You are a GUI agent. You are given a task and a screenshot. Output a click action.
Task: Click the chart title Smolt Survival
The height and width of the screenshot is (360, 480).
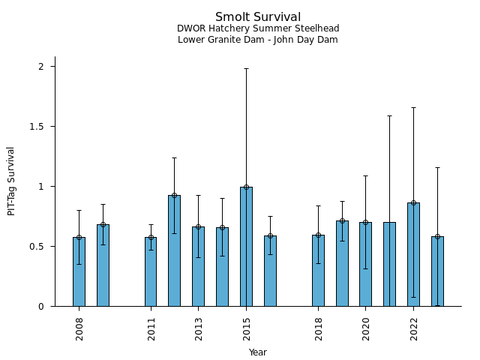point(258,17)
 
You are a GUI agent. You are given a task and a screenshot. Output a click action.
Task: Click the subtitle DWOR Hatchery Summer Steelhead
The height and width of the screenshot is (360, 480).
point(258,28)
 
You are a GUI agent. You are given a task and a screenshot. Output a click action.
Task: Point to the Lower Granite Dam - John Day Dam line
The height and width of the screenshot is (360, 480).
point(258,40)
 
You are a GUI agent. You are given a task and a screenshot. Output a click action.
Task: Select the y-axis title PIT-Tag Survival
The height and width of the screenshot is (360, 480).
point(11,181)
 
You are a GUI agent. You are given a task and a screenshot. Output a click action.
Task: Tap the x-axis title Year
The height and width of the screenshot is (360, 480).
point(258,352)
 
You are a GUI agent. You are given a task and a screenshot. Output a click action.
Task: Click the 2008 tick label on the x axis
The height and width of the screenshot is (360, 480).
point(79,328)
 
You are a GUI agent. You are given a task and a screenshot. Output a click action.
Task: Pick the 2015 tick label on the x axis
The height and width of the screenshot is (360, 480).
point(246,328)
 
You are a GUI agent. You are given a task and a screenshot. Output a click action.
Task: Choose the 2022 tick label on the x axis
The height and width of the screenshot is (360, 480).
point(413,328)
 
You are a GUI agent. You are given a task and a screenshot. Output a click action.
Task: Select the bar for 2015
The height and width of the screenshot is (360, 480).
point(246,247)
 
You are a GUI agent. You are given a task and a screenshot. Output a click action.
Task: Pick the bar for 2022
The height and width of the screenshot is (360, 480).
point(413,255)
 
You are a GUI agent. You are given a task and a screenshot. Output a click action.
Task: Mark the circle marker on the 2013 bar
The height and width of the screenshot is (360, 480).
point(198,226)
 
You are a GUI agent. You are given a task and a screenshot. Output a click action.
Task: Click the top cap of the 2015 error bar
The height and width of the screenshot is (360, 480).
point(246,68)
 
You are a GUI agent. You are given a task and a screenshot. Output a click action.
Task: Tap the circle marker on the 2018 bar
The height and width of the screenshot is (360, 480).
point(318,235)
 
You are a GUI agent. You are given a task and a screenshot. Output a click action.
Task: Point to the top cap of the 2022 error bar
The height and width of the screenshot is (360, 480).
point(413,107)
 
